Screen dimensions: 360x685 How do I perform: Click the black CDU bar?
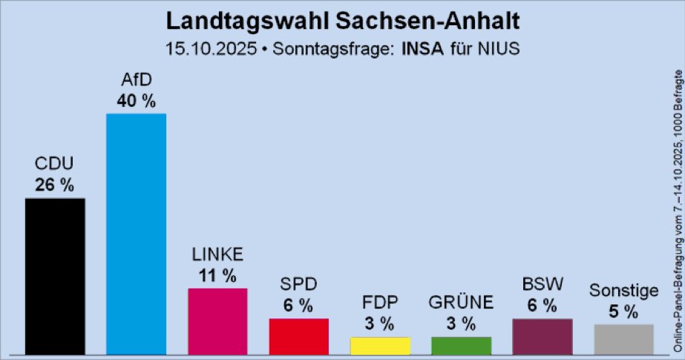pyautogui.click(x=55, y=276)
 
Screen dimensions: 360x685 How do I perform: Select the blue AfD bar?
pyautogui.click(x=136, y=234)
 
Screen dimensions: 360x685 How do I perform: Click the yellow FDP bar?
pyautogui.click(x=380, y=346)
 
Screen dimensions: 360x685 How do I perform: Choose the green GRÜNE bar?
pyautogui.click(x=461, y=346)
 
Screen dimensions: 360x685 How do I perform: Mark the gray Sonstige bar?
pyautogui.click(x=623, y=339)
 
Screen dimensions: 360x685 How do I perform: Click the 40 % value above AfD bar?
pyautogui.click(x=136, y=101)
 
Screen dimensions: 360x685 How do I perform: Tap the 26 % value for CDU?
pyautogui.click(x=55, y=186)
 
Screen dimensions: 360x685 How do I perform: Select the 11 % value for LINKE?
pyautogui.click(x=217, y=276)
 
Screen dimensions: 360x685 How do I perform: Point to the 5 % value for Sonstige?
pyautogui.click(x=623, y=312)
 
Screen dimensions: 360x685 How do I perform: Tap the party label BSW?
pyautogui.click(x=542, y=284)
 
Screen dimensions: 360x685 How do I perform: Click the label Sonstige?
pyautogui.click(x=623, y=290)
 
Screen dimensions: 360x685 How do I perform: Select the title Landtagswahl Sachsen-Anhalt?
pyautogui.click(x=342, y=19)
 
